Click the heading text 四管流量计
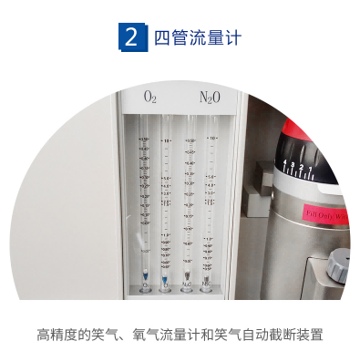(x=197, y=37)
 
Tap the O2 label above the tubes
(x=150, y=96)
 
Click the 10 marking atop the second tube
(x=167, y=141)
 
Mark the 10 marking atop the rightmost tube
(x=211, y=139)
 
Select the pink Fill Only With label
(x=324, y=216)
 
